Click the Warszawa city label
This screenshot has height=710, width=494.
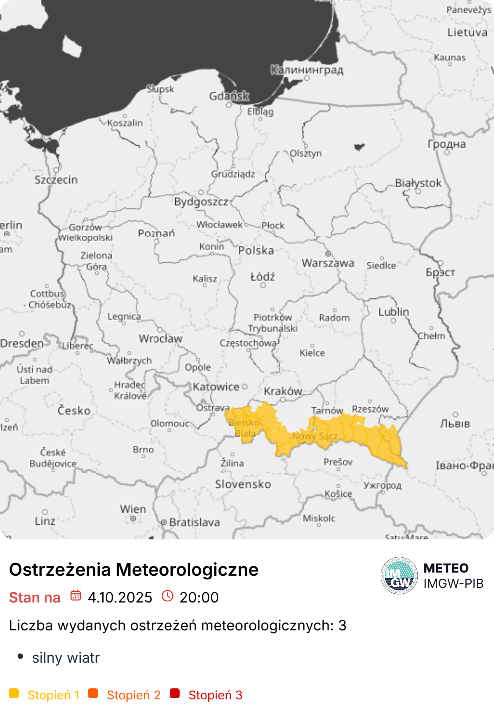[x=328, y=263]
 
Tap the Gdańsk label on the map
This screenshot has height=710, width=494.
[x=229, y=96]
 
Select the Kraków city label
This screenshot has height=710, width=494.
[x=283, y=391]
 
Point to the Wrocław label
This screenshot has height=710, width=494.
[x=160, y=338]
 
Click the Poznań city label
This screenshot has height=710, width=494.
[x=156, y=233]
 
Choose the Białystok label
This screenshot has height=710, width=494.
[x=418, y=183]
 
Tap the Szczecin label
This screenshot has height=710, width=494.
[x=56, y=180]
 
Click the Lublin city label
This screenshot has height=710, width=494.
[x=394, y=312]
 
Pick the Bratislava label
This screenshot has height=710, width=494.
[x=194, y=522]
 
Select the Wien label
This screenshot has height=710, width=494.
[x=133, y=509]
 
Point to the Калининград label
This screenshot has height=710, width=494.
[x=307, y=70]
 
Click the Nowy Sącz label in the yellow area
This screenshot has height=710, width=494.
[x=315, y=436]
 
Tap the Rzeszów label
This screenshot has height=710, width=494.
[x=370, y=409]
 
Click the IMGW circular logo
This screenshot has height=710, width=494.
[x=399, y=575]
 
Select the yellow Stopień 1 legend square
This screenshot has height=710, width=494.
[x=14, y=693]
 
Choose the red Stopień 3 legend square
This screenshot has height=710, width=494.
[x=175, y=693]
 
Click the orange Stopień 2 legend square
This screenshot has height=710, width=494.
[x=93, y=693]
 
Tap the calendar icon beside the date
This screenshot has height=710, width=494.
[x=76, y=595]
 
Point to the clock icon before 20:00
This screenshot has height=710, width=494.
[x=167, y=596]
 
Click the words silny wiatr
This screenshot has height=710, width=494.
[x=66, y=658]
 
